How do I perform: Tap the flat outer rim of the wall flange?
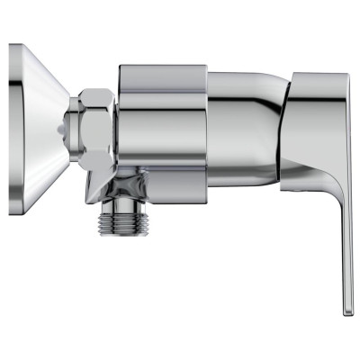click(x=14, y=117)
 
